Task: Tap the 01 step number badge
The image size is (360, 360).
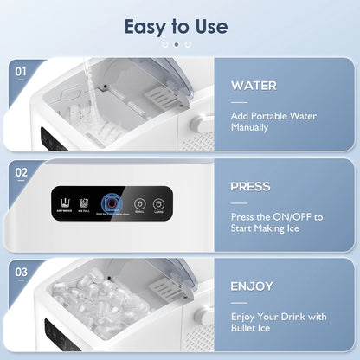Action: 22,73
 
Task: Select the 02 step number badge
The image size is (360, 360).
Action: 22,172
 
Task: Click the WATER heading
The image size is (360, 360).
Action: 254,87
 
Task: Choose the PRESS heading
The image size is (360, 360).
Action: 251,186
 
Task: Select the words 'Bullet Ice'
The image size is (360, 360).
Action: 251,327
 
